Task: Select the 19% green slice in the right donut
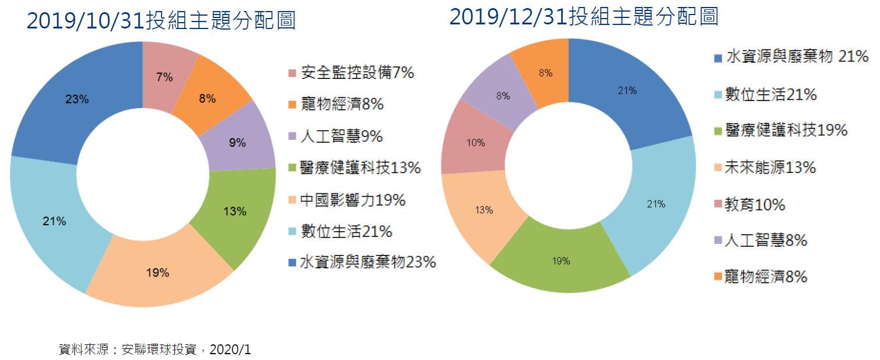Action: coord(561,261)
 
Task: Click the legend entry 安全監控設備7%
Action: coord(357,73)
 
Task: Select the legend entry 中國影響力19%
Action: coord(353,200)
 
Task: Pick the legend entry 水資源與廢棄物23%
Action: coord(368,262)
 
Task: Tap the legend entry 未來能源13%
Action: coord(770,168)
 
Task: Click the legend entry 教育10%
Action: coord(755,204)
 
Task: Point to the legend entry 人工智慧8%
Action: coord(766,240)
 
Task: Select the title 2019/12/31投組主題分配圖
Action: coord(584,17)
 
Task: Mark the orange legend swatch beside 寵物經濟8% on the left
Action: coord(292,106)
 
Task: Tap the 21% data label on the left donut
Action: coord(54,221)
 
